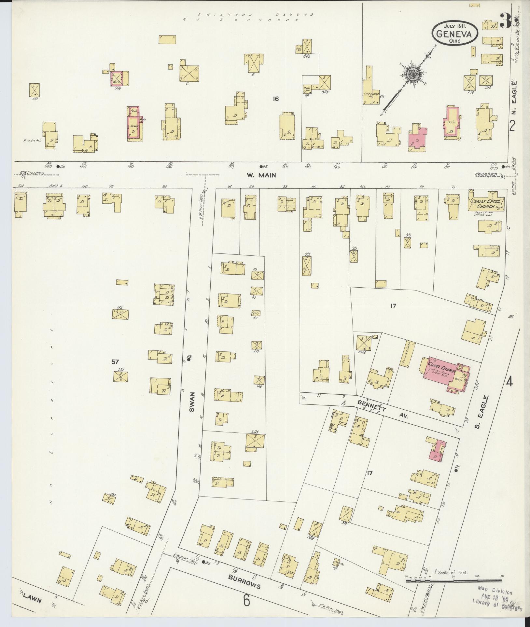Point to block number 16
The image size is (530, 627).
[276, 99]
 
